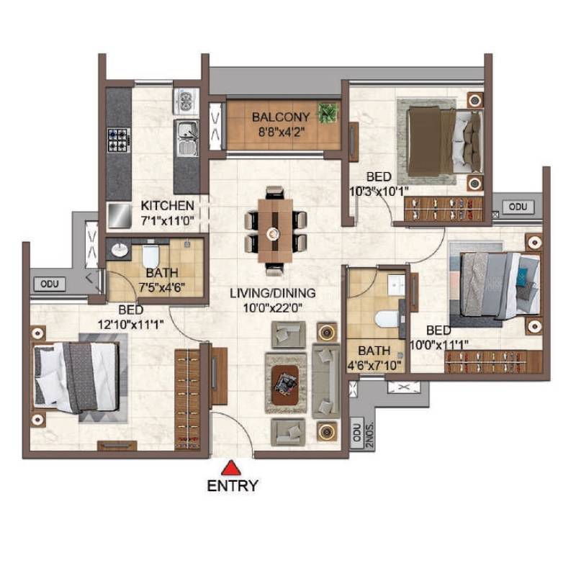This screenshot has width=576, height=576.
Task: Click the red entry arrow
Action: tap(231, 467)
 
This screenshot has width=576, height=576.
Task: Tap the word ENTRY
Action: tap(232, 485)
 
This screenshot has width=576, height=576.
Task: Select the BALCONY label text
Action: tap(281, 117)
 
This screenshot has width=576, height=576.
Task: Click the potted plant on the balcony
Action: tap(328, 113)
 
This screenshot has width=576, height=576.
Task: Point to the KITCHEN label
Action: tap(167, 205)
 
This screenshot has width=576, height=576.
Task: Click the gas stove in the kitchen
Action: tap(117, 139)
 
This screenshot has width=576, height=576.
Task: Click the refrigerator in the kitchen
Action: tap(117, 213)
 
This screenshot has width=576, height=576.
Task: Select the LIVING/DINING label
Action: tap(273, 293)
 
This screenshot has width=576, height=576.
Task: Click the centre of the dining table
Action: tap(273, 233)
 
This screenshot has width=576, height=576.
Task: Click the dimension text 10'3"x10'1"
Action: tap(379, 191)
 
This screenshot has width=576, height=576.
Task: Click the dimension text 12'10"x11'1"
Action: tap(131, 324)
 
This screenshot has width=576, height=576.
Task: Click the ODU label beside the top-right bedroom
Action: tap(518, 207)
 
